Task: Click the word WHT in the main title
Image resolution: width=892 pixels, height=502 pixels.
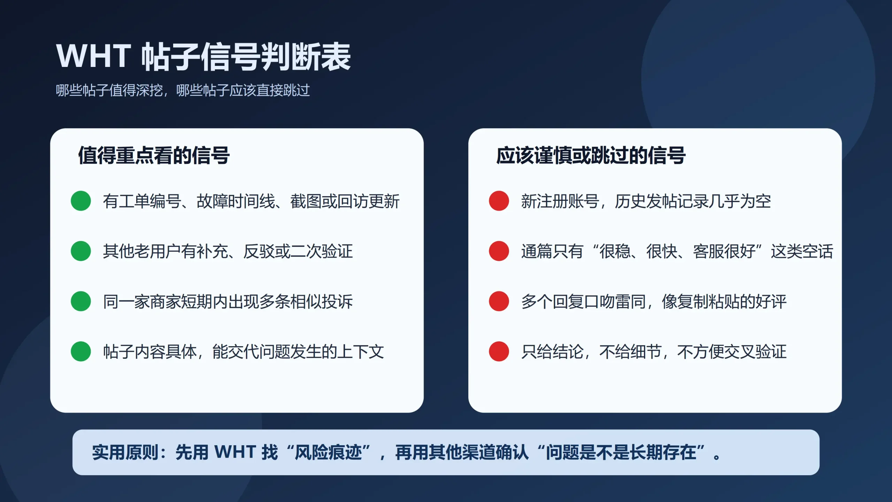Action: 93,56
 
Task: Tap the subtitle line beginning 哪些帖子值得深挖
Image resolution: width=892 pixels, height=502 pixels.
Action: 183,90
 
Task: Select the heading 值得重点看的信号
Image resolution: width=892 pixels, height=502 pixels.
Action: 154,155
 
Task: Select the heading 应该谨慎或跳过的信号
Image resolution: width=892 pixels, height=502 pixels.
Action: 591,155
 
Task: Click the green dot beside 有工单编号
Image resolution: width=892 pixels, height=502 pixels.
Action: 81,201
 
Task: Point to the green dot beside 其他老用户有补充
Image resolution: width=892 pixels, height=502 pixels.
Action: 81,251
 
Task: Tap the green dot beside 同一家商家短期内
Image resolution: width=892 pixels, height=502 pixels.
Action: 81,301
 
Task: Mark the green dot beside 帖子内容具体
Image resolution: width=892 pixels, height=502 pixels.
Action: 81,351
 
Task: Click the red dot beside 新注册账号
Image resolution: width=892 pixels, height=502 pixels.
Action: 499,201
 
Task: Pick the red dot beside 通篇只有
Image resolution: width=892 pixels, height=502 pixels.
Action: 499,251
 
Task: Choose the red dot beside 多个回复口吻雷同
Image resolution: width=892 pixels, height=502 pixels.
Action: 499,301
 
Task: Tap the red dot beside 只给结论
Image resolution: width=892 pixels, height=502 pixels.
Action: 499,351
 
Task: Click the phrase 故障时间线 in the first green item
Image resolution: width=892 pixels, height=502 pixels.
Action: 236,201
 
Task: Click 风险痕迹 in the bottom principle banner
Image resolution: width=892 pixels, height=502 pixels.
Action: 328,452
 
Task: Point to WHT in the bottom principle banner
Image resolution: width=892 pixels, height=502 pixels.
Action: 235,452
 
